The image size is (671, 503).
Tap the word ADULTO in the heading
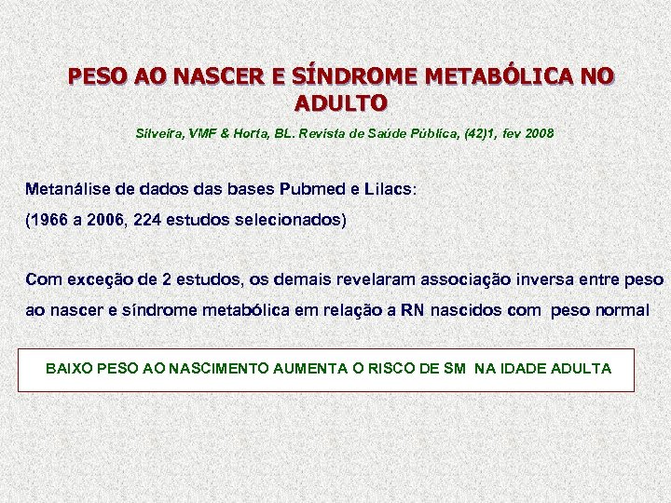click(x=340, y=100)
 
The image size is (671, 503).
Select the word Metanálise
click(x=69, y=189)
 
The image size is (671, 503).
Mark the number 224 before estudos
click(x=149, y=221)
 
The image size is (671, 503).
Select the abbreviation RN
click(x=412, y=310)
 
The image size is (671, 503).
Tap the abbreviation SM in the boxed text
click(x=455, y=369)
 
